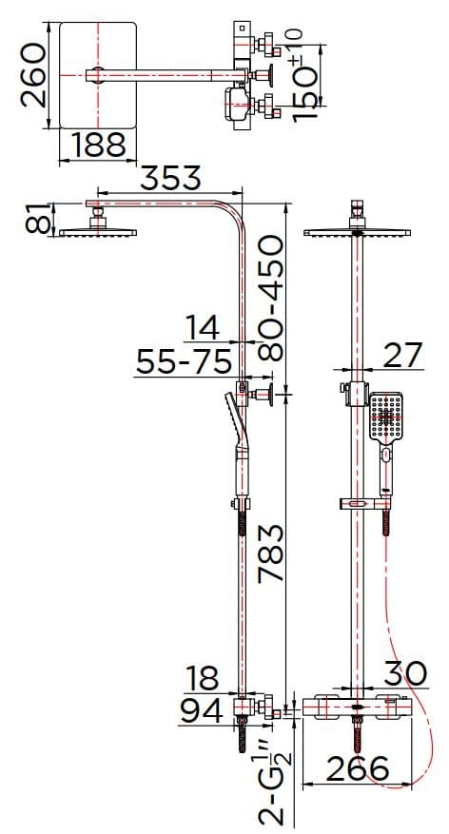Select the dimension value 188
(x=99, y=145)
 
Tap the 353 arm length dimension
(x=172, y=179)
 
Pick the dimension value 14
(x=202, y=328)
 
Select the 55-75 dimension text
(x=184, y=362)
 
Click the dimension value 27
(x=401, y=355)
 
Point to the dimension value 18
(x=201, y=678)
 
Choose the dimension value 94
(x=201, y=710)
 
